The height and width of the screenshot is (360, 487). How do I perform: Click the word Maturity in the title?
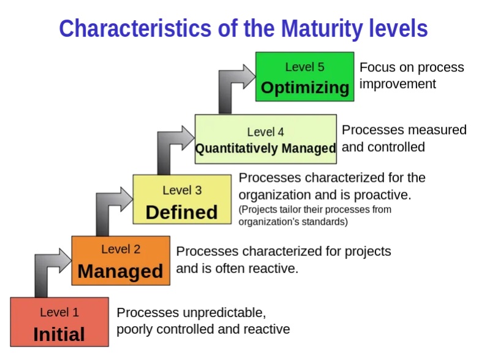click(x=322, y=29)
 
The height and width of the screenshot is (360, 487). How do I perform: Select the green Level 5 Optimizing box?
click(x=304, y=77)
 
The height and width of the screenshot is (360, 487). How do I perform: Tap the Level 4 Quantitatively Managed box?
click(x=265, y=139)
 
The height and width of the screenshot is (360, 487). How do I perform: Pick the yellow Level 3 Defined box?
click(x=182, y=199)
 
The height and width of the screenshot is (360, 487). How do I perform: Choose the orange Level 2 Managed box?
click(x=121, y=260)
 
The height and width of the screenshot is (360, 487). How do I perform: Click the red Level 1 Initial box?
click(x=59, y=322)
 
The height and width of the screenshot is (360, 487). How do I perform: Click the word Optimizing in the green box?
click(x=305, y=88)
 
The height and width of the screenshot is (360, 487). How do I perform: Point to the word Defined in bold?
click(x=182, y=212)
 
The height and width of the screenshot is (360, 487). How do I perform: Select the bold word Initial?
click(x=59, y=334)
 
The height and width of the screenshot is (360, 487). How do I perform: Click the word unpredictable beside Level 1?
click(x=224, y=313)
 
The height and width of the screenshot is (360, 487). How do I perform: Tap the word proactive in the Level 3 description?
click(x=382, y=195)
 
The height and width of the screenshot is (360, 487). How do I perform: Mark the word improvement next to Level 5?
click(x=398, y=84)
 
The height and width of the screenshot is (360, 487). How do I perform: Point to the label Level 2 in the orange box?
click(x=121, y=249)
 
